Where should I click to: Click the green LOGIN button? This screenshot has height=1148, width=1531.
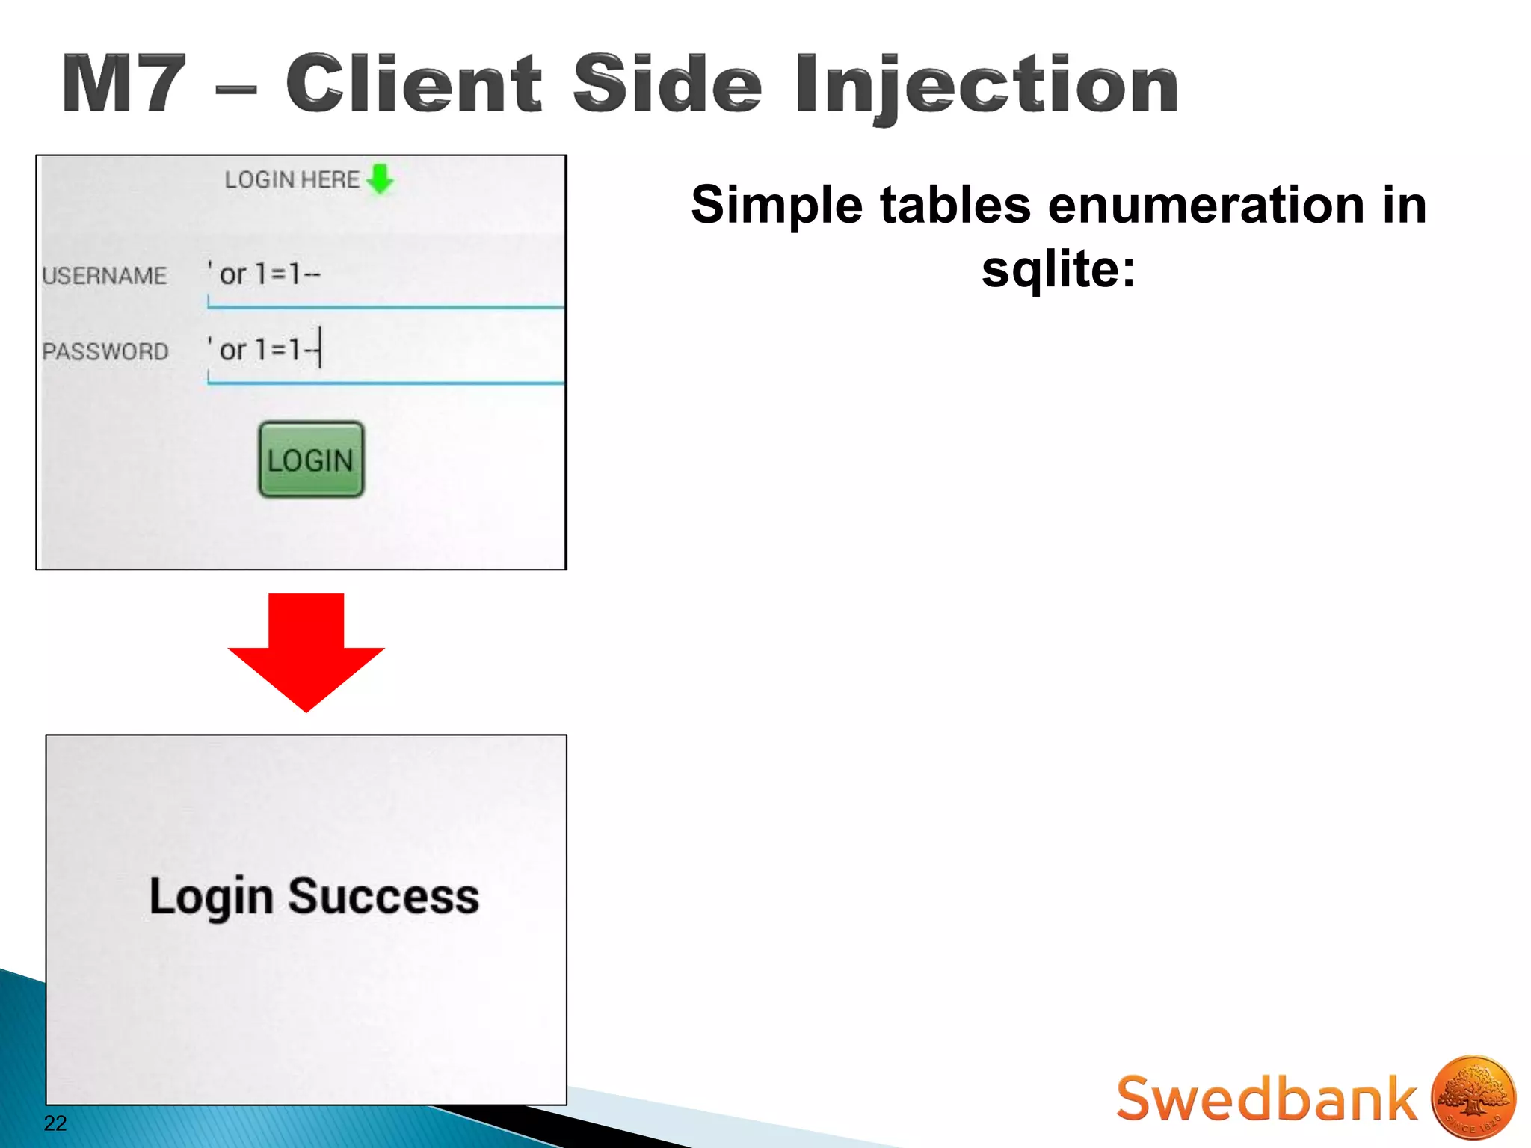point(311,460)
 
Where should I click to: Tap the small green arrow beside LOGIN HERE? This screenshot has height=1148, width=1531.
point(381,179)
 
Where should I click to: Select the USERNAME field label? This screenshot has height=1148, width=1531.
point(105,276)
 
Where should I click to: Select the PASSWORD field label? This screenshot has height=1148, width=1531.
point(105,351)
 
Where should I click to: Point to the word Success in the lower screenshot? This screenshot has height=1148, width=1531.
point(383,896)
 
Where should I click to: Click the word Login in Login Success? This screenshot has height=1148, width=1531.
point(211,896)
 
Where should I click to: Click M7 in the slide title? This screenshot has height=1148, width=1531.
point(123,84)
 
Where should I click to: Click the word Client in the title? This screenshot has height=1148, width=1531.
point(413,84)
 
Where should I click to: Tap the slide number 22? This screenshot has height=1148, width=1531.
point(55,1123)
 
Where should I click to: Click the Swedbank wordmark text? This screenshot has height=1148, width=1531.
point(1266,1099)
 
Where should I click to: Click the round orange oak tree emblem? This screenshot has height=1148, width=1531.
point(1473,1096)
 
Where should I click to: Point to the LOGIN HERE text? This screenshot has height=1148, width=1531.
point(292,179)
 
